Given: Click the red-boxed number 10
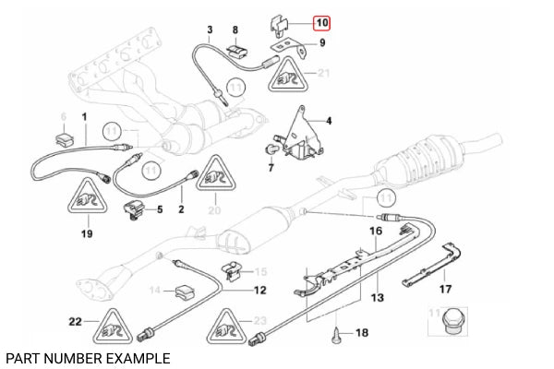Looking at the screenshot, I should click(x=320, y=22).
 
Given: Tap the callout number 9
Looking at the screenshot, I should click(x=322, y=42).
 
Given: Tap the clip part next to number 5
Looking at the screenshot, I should click(x=136, y=208).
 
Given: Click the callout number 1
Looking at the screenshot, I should click(x=84, y=117).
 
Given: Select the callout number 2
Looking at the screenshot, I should click(x=181, y=210).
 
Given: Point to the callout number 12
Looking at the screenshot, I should click(x=259, y=290).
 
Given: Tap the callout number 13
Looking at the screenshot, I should click(x=376, y=298).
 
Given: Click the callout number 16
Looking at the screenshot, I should click(x=376, y=230).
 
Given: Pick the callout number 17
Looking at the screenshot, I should click(x=445, y=289).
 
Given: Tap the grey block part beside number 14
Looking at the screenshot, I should click(x=183, y=292).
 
